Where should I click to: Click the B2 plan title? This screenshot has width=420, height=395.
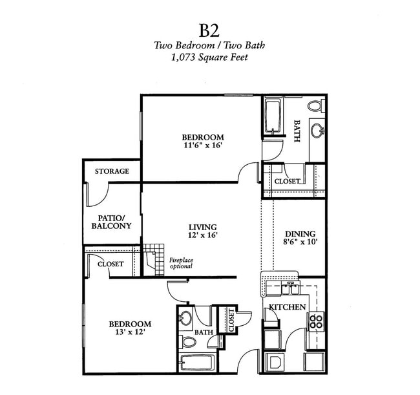pos(209,30)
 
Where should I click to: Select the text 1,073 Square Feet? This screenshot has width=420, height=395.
pos(209,57)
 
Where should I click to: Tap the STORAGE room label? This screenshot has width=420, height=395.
pos(112,171)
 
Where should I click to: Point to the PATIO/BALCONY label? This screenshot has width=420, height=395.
pos(111,222)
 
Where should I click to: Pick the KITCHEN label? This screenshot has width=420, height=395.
pos(287,307)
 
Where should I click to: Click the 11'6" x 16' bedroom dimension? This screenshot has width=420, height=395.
pos(202,145)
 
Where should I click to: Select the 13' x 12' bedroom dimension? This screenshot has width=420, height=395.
pos(130,332)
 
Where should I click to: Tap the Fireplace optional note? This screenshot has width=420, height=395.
pos(181,263)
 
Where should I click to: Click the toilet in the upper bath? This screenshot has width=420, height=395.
pos(316,105)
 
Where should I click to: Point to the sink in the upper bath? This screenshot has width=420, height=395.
pos(318,130)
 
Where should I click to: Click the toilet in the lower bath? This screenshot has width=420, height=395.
pos(189,342)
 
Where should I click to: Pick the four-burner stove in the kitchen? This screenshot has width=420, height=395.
pos(316,321)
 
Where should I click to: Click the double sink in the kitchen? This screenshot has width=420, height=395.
pos(290,289)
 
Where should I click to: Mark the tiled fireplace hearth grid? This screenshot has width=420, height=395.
pos(154,260)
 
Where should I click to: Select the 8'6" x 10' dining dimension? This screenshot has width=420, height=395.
pos(300,242)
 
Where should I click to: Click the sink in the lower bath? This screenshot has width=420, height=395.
pos(185,318)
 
